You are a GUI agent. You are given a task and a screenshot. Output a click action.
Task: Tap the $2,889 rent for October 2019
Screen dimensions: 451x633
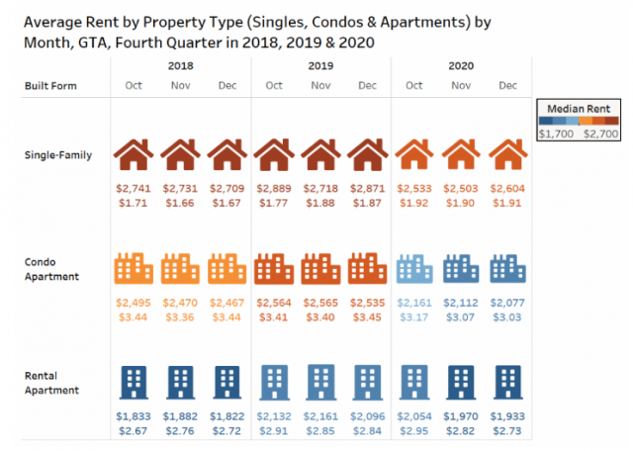274,188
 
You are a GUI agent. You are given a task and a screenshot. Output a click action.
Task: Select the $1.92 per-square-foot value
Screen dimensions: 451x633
414,203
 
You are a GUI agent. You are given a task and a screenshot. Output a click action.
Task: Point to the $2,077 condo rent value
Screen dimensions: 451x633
508,303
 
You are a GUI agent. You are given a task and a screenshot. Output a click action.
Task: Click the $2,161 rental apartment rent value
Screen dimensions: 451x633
320,416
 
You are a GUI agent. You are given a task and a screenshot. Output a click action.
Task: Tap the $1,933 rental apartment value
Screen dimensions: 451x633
508,416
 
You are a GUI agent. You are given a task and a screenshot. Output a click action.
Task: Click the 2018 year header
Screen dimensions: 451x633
180,65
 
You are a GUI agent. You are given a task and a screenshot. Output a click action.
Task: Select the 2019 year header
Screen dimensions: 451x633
320,65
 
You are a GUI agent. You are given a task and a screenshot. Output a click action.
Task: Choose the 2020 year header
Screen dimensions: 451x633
461,65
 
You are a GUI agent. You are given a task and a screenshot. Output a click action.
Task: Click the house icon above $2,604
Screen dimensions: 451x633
508,155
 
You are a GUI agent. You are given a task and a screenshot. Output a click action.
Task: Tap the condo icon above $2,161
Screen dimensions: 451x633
414,269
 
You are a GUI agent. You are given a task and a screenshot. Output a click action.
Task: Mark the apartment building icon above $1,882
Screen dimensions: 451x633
180,382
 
